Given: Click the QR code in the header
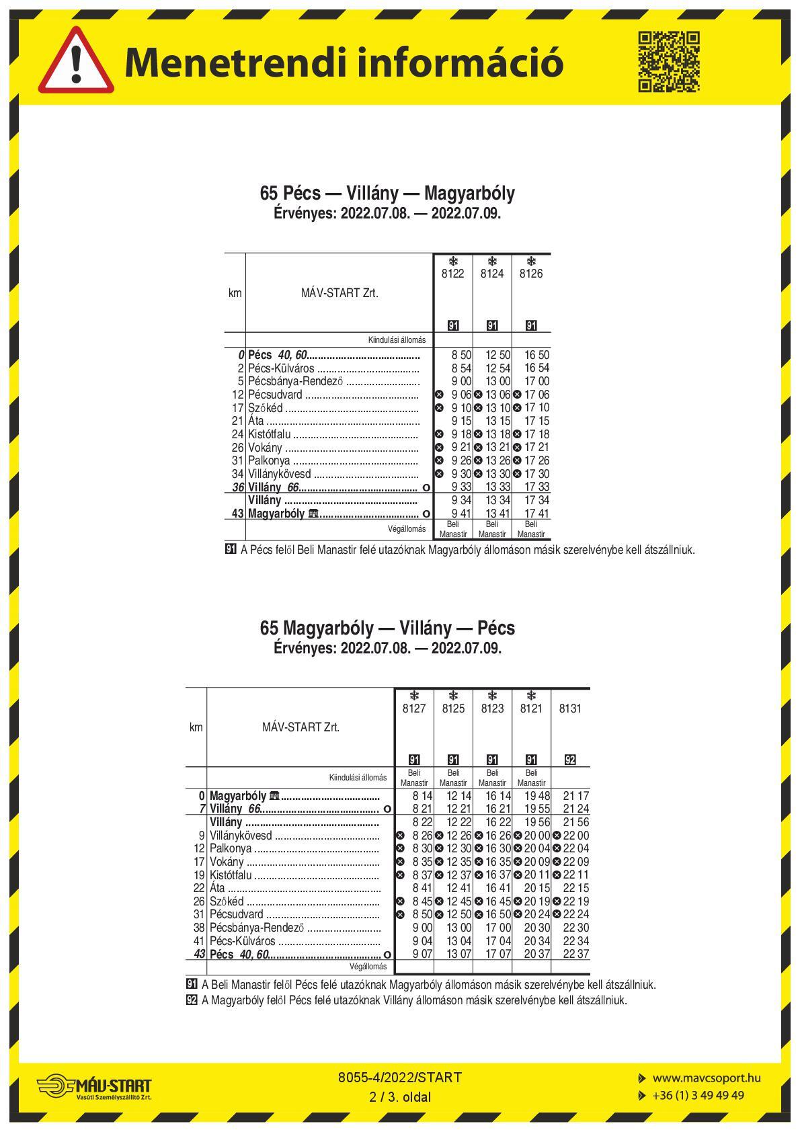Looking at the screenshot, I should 668,61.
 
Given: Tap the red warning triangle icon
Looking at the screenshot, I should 76,62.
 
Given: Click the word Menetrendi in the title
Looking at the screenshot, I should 237,63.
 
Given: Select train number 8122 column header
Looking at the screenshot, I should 453,274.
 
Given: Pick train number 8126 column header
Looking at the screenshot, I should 531,274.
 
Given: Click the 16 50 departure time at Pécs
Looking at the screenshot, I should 536,354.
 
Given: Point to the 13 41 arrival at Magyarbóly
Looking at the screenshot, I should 497,514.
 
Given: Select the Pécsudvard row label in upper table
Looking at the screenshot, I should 275,395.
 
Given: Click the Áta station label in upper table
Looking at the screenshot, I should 256,421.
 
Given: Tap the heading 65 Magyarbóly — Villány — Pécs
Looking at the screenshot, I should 387,628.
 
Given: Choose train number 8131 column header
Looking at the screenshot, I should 570,709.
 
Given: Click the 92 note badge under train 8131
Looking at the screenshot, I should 570,760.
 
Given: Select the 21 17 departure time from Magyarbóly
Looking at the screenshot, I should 575,796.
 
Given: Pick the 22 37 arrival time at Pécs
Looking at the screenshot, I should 575,955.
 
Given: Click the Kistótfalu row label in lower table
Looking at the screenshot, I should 231,875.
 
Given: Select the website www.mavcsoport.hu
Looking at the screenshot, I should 707,1078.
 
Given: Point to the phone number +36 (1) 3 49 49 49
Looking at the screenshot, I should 698,1096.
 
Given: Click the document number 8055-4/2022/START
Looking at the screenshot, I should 400,1078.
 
